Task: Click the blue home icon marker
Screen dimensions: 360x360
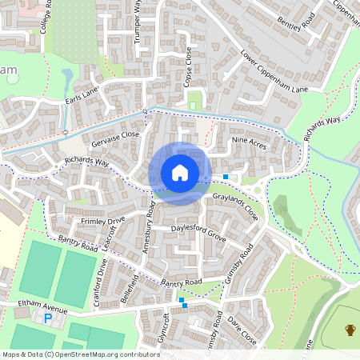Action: pyautogui.click(x=180, y=173)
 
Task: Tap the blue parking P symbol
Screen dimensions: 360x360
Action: pyautogui.click(x=48, y=318)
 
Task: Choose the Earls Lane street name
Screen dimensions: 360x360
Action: pyautogui.click(x=82, y=94)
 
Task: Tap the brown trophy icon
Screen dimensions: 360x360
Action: pyautogui.click(x=350, y=329)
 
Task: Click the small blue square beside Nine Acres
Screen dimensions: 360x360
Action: pyautogui.click(x=226, y=176)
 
